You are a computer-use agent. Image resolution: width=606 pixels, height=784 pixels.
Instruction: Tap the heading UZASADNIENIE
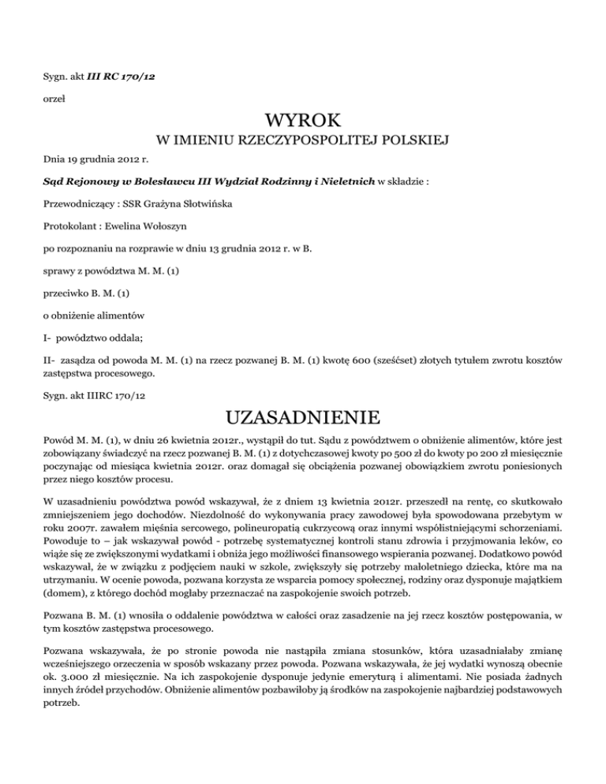pyautogui.click(x=302, y=416)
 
